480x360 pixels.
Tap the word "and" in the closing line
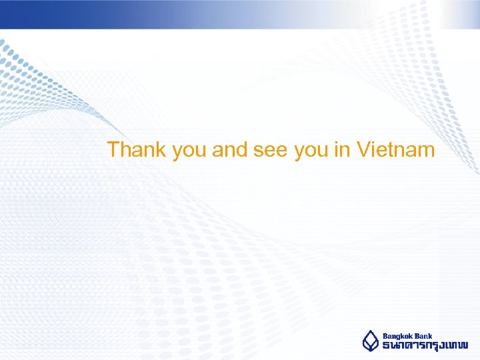tap(230, 149)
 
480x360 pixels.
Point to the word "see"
tap(270, 151)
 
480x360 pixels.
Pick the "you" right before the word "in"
tap(311, 151)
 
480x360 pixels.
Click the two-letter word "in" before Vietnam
tap(342, 149)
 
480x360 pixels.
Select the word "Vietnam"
tap(396, 149)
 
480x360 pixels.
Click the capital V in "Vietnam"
tap(364, 149)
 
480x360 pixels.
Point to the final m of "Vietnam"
tap(426, 151)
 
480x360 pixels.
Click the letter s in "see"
tap(259, 151)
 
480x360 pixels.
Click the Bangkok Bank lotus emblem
tap(370, 341)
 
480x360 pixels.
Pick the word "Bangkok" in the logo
tap(398, 336)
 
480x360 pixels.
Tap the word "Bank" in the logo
tap(424, 336)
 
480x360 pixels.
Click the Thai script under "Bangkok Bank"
tap(425, 346)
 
